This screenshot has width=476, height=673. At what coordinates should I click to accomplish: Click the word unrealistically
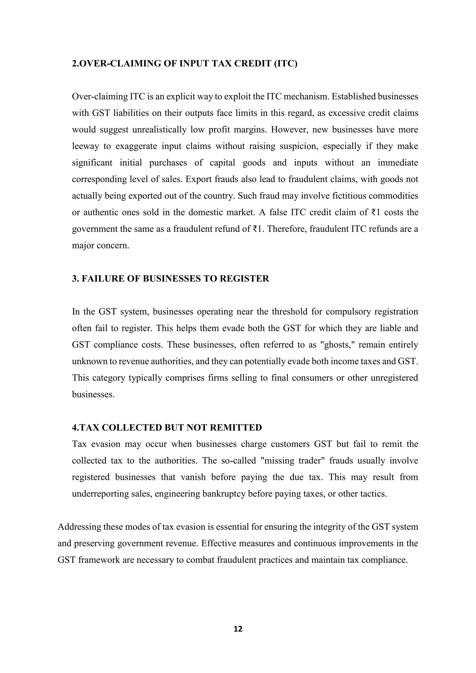(159, 130)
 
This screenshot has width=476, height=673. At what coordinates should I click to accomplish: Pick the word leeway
(86, 146)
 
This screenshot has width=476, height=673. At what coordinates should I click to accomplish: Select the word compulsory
(347, 312)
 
